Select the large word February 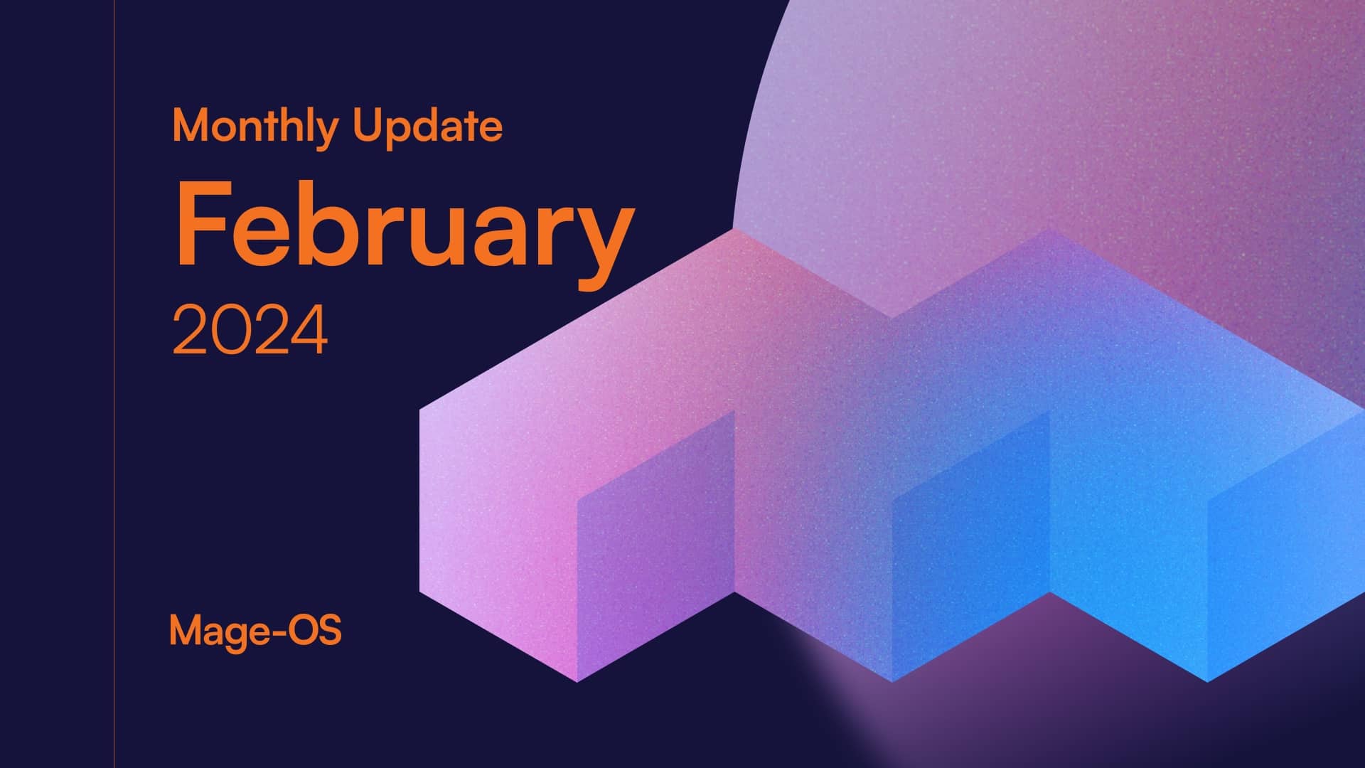404,226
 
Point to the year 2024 250,330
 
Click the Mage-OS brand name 255,631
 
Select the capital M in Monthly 190,126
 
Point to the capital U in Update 368,126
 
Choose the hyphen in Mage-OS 277,631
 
